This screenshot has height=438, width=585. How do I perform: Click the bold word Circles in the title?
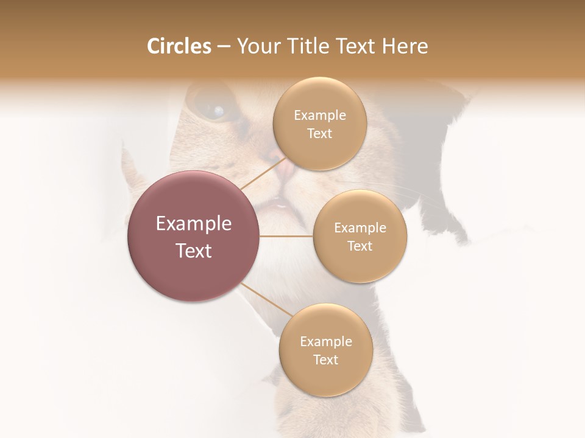tap(179, 46)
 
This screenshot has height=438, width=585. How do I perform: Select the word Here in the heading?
tap(406, 46)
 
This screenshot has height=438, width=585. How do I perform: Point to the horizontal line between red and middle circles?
tap(286, 236)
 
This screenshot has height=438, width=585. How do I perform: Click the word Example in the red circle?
tap(194, 224)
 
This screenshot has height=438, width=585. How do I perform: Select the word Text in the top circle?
tap(320, 134)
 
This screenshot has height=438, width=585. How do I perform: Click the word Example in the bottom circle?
tap(325, 341)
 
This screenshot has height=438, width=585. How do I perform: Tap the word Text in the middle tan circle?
tap(360, 246)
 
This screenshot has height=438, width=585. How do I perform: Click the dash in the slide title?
tap(223, 47)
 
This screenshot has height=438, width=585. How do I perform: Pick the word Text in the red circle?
tap(194, 251)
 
